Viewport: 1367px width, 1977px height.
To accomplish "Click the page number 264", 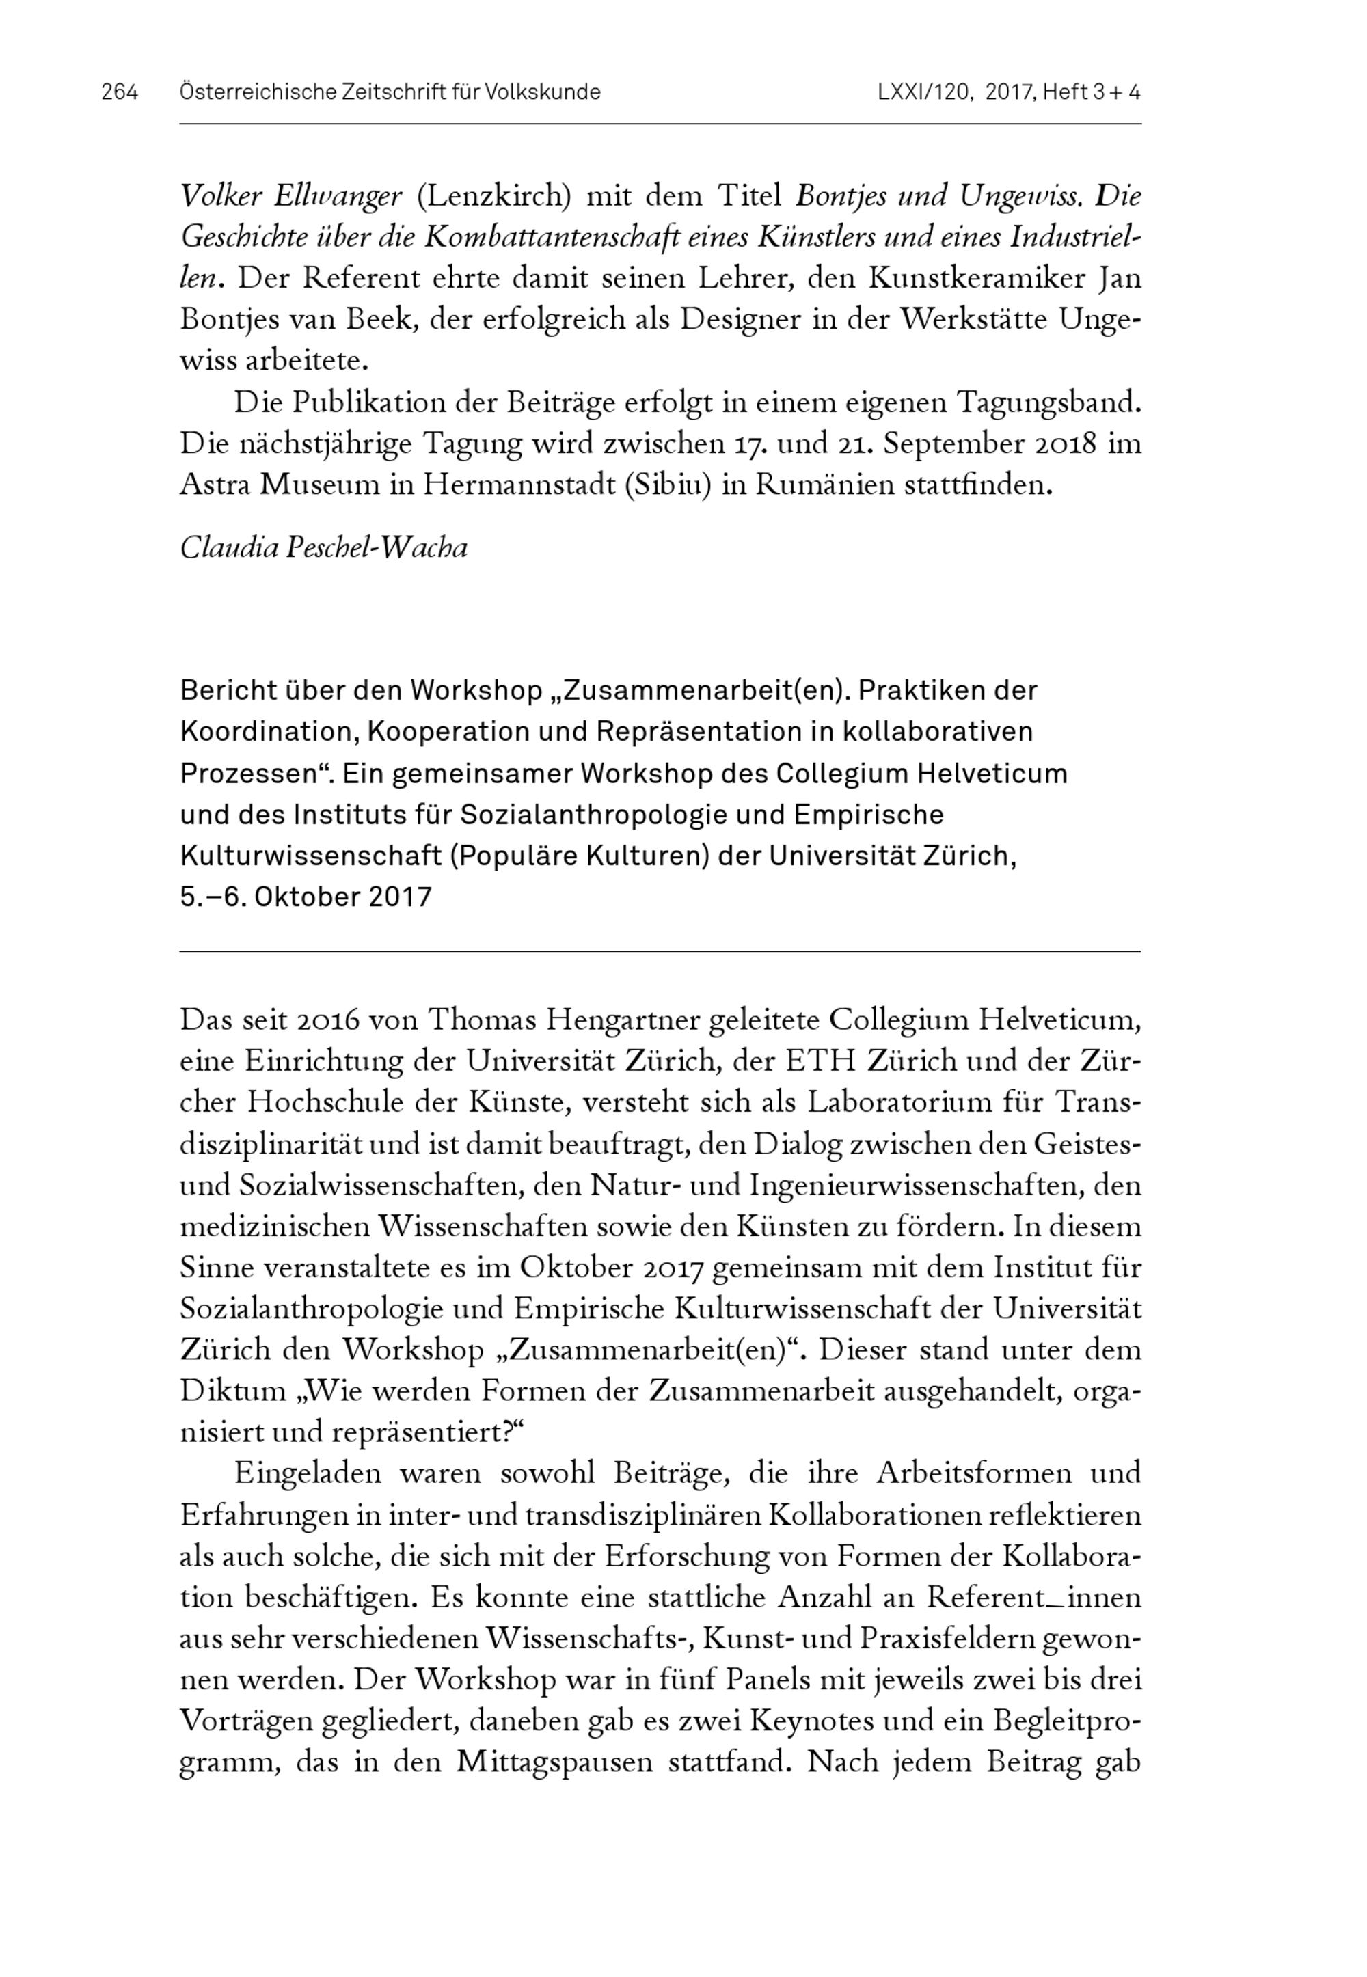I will point(119,92).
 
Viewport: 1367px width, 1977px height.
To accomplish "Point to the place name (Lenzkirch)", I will point(493,197).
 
